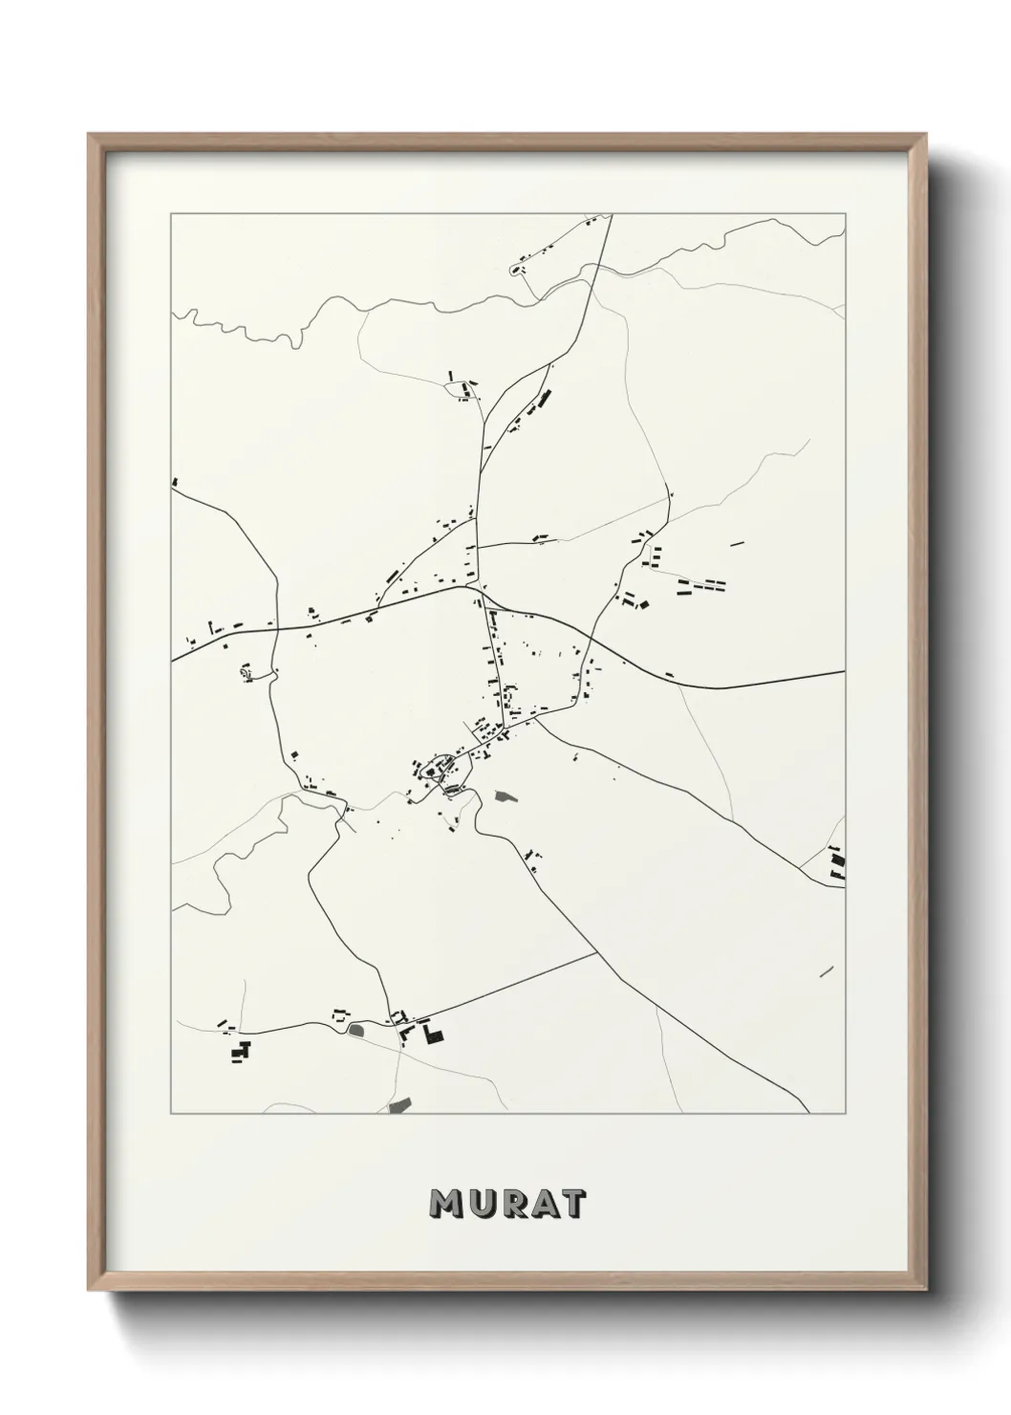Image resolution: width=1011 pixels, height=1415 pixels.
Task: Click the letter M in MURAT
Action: [446, 1205]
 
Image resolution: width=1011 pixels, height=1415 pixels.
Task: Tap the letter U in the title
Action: [478, 1205]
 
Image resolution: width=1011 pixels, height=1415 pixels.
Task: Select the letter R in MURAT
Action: [508, 1205]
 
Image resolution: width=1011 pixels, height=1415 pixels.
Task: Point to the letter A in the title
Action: [540, 1205]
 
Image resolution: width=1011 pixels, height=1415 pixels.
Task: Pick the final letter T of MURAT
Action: [571, 1205]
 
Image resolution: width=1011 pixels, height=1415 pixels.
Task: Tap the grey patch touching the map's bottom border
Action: [399, 1105]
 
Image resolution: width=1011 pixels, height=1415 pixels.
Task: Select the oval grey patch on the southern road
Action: [359, 1030]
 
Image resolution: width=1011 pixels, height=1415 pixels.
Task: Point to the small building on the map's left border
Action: [174, 482]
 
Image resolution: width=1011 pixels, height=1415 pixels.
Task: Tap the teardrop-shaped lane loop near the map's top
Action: [521, 271]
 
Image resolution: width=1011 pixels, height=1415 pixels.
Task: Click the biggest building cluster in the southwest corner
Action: [239, 1050]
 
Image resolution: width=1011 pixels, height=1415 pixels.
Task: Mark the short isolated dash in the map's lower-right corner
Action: [827, 972]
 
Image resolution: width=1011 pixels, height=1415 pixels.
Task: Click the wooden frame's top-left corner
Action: [90, 136]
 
